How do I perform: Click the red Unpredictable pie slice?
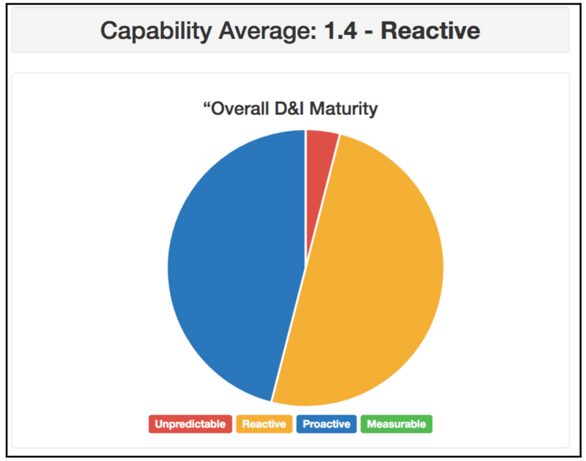(320, 146)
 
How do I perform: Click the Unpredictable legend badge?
(190, 424)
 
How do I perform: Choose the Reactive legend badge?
(264, 424)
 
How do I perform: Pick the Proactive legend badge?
(327, 424)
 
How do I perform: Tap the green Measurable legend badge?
(396, 424)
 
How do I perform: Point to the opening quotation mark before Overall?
(206, 106)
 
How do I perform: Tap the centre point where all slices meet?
(305, 268)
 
